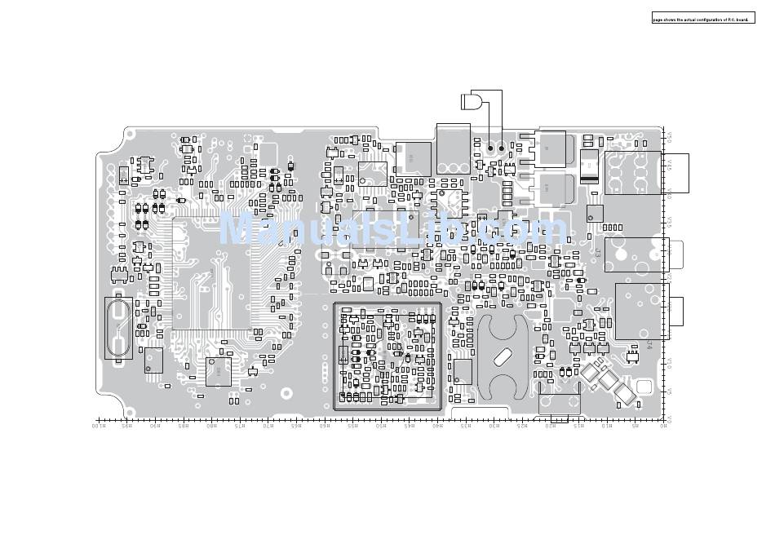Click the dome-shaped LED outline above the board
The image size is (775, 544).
(x=471, y=102)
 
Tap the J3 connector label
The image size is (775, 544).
(x=597, y=254)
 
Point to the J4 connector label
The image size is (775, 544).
(x=649, y=345)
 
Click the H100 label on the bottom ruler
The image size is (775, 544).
(x=97, y=426)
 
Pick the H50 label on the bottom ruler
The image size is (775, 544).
(x=380, y=426)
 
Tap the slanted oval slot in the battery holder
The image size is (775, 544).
(x=501, y=356)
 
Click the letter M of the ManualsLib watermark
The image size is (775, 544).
(x=237, y=228)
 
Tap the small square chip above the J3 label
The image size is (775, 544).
(x=594, y=213)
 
